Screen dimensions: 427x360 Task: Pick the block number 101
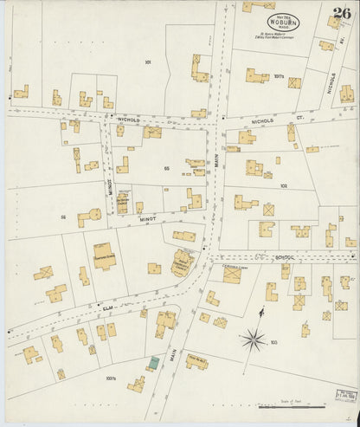149,62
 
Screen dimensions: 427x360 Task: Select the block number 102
282,185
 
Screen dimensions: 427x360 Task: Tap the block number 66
63,217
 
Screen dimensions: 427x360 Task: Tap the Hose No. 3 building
196,361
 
